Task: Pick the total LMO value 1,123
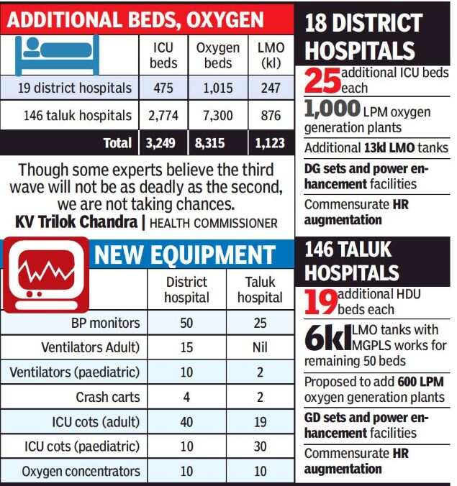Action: [x=271, y=142]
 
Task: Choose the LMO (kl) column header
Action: [x=271, y=55]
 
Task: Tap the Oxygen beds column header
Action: [x=217, y=55]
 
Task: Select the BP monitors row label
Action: [x=105, y=323]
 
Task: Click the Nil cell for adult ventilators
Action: [x=260, y=347]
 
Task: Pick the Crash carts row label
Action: [x=108, y=397]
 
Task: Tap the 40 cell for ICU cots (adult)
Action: [x=186, y=421]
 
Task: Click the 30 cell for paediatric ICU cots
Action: [x=260, y=446]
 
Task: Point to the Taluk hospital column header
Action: [x=260, y=289]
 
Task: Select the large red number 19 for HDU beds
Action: [x=320, y=303]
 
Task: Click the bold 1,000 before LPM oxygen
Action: [x=332, y=109]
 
